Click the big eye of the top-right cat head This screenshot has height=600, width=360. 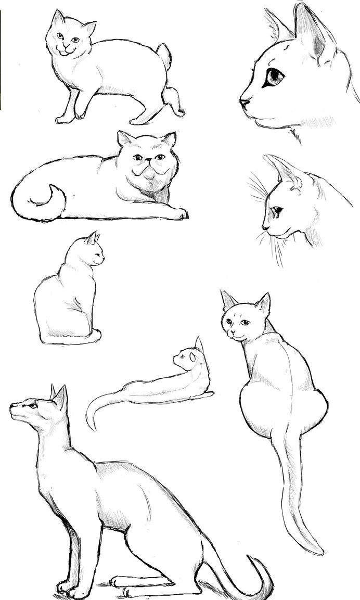pos(274,78)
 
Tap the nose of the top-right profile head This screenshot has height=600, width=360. pos(242,101)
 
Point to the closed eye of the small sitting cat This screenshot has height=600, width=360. pos(97,251)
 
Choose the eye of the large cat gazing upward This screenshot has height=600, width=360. pos(33,405)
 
